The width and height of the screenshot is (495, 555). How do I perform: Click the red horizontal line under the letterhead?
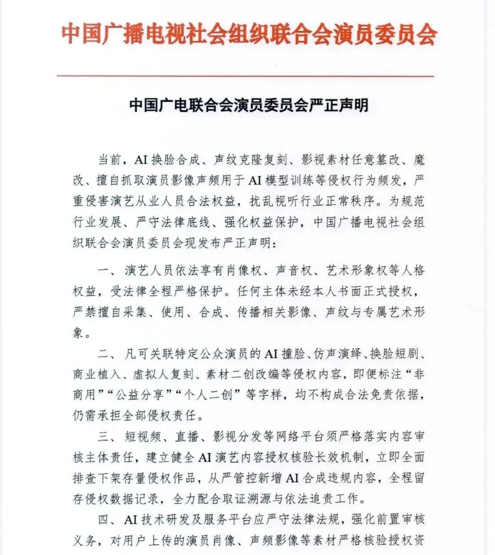tap(245, 76)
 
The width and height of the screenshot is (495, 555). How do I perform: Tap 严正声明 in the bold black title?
tap(340, 105)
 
